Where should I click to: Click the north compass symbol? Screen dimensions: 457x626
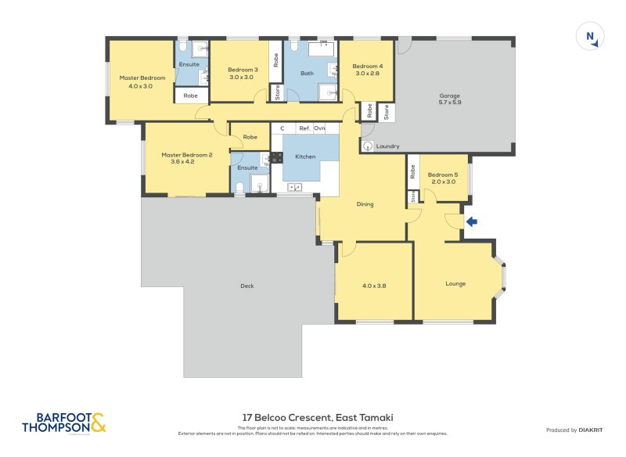pos(591,36)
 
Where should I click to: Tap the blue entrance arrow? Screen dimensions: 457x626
pos(471,222)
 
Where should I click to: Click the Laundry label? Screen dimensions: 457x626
pos(387,146)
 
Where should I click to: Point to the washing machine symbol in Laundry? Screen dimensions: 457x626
pos(367,146)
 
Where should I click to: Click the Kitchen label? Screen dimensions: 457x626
pos(305,157)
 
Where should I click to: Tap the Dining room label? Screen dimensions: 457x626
pos(365,204)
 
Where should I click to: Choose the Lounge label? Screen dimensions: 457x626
pos(455,283)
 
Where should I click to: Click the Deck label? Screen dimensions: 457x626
pos(247,286)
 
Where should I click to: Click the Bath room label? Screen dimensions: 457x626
pos(308,74)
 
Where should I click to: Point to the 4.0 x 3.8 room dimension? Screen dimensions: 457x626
pos(375,286)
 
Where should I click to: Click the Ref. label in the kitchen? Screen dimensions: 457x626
pos(305,128)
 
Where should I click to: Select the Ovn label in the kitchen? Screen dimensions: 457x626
pos(320,128)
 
